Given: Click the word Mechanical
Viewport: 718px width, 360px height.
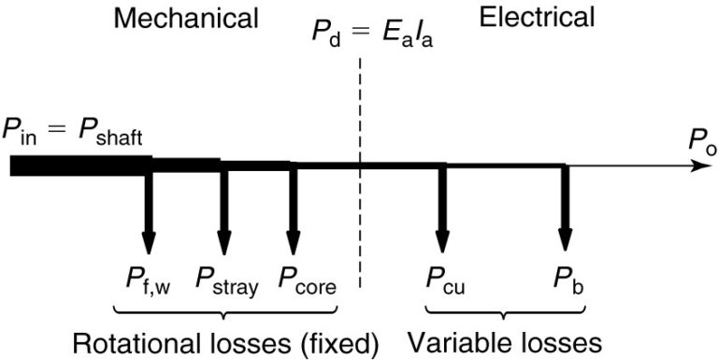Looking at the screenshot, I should pos(186,18).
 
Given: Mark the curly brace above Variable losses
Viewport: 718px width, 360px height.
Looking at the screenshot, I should pos(505,310).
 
